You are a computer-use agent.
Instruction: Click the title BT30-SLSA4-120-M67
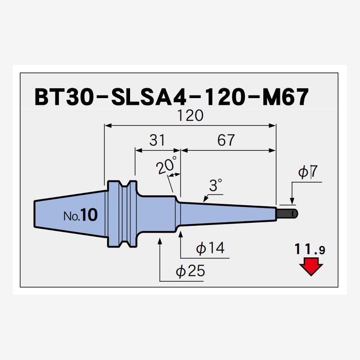tap(171, 97)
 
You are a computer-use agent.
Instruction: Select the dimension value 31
tap(157, 140)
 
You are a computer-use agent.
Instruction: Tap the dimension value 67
tap(226, 140)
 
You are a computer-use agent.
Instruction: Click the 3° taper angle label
tap(216, 185)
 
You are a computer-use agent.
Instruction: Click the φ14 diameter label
tap(211, 247)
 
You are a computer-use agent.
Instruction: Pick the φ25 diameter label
tap(190, 271)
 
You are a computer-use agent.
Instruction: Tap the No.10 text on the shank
tap(80, 216)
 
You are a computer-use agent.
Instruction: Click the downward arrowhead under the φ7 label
tap(292, 202)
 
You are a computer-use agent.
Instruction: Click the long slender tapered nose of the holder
tap(225, 211)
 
